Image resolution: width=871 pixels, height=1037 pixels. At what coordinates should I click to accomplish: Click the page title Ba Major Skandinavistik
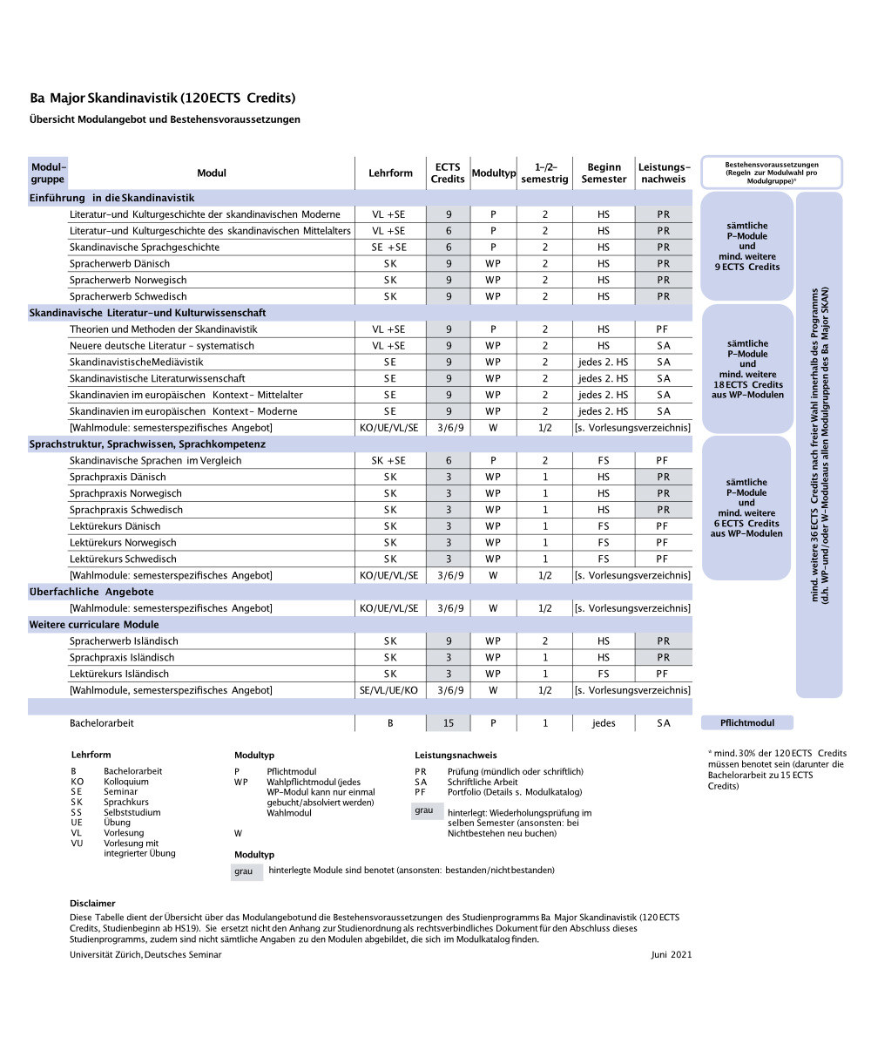(x=162, y=98)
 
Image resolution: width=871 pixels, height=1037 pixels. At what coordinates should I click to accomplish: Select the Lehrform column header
(x=390, y=173)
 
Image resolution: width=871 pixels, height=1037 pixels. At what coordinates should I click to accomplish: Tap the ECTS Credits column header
(x=448, y=173)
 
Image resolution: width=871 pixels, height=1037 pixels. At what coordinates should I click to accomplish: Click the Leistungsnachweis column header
(x=664, y=173)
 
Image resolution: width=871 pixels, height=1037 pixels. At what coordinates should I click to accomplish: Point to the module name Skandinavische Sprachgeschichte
(x=145, y=247)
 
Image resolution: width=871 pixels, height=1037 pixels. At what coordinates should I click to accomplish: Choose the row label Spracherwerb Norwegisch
(x=128, y=281)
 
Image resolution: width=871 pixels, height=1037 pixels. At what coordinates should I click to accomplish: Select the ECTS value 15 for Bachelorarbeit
(x=448, y=723)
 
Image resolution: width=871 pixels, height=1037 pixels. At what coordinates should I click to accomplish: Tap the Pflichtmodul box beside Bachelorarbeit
(x=746, y=723)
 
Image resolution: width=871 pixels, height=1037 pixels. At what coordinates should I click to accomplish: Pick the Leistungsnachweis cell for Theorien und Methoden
(x=663, y=329)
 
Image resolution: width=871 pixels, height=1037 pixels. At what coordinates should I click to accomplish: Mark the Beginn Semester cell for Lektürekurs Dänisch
(x=604, y=526)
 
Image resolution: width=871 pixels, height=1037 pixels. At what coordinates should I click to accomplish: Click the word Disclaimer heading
(x=92, y=904)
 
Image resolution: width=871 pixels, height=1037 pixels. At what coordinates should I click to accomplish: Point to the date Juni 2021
(x=671, y=955)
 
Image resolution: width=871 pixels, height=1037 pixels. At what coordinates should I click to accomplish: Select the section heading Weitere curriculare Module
(x=94, y=625)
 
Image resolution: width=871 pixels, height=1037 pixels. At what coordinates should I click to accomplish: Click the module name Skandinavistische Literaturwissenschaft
(x=158, y=379)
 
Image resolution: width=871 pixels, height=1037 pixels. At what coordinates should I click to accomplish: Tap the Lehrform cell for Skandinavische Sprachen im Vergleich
(x=389, y=461)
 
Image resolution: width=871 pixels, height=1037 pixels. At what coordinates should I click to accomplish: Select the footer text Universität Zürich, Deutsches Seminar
(x=145, y=955)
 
